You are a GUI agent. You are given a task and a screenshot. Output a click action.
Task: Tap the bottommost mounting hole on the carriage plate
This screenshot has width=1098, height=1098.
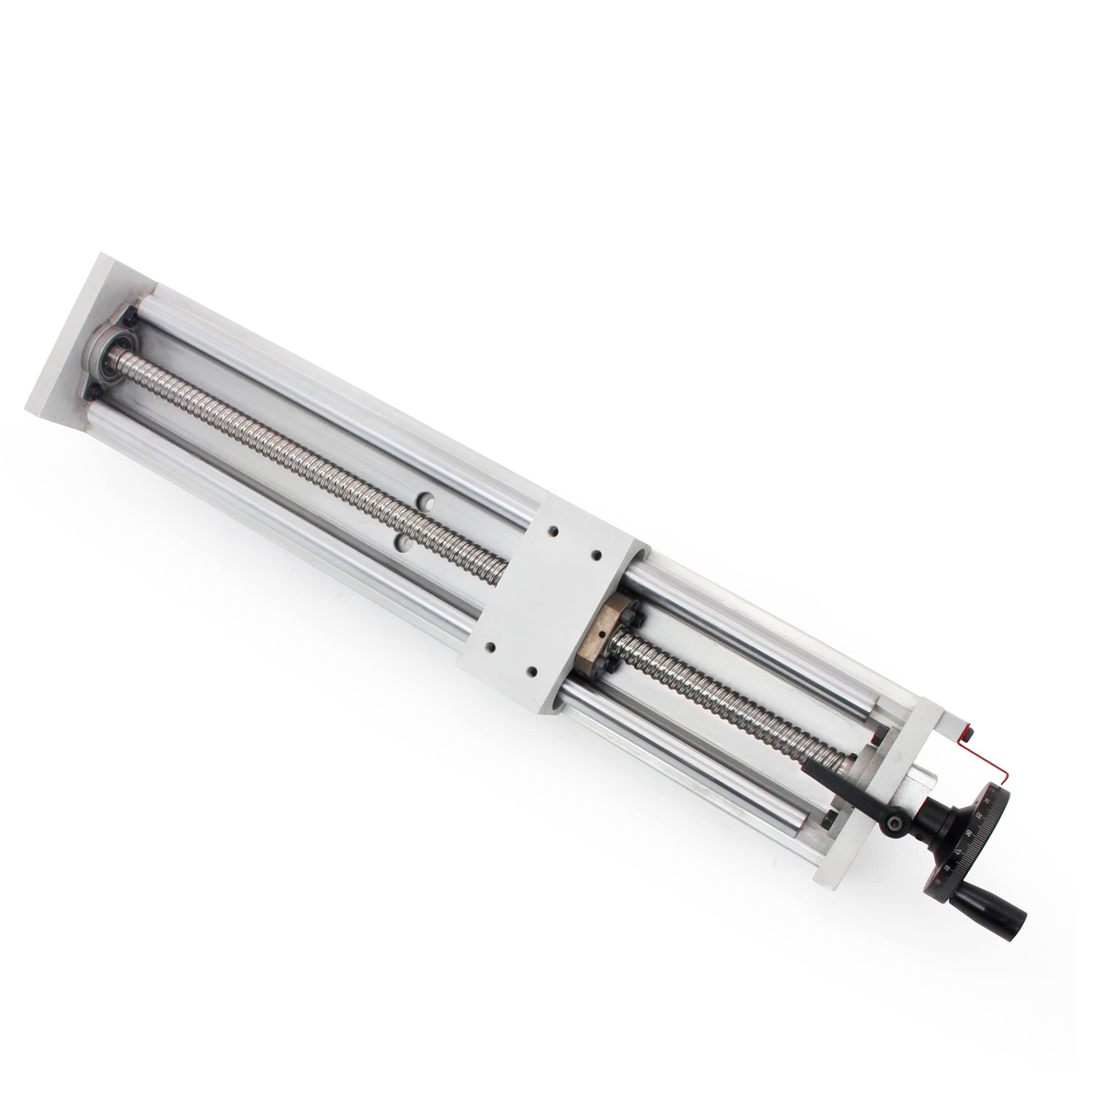532,671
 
